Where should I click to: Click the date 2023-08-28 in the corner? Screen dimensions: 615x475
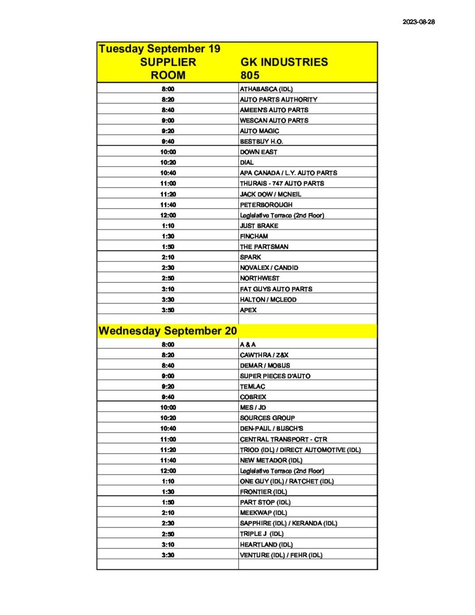pyautogui.click(x=418, y=22)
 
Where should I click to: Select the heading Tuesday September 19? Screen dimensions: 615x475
pyautogui.click(x=159, y=49)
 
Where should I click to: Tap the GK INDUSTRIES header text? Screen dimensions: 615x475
pyautogui.click(x=283, y=62)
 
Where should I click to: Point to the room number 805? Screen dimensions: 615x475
pyautogui.click(x=249, y=75)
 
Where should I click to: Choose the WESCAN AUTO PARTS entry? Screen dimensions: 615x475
pyautogui.click(x=274, y=120)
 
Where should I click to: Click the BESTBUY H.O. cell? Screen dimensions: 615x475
pyautogui.click(x=261, y=141)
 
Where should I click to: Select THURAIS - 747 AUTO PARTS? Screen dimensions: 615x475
pyautogui.click(x=282, y=183)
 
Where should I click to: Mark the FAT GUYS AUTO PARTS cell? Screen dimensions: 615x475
pyautogui.click(x=276, y=289)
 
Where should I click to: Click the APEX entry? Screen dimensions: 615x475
pyautogui.click(x=248, y=310)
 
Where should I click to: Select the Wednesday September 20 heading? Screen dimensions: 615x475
pyautogui.click(x=168, y=331)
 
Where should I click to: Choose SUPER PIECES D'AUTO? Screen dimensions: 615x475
pyautogui.click(x=275, y=376)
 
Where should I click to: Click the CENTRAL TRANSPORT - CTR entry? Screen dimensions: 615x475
pyautogui.click(x=283, y=439)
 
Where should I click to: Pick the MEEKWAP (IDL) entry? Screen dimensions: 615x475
pyautogui.click(x=263, y=513)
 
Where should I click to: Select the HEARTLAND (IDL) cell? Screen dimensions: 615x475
pyautogui.click(x=266, y=544)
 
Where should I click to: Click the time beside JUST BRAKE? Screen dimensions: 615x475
pyautogui.click(x=168, y=226)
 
